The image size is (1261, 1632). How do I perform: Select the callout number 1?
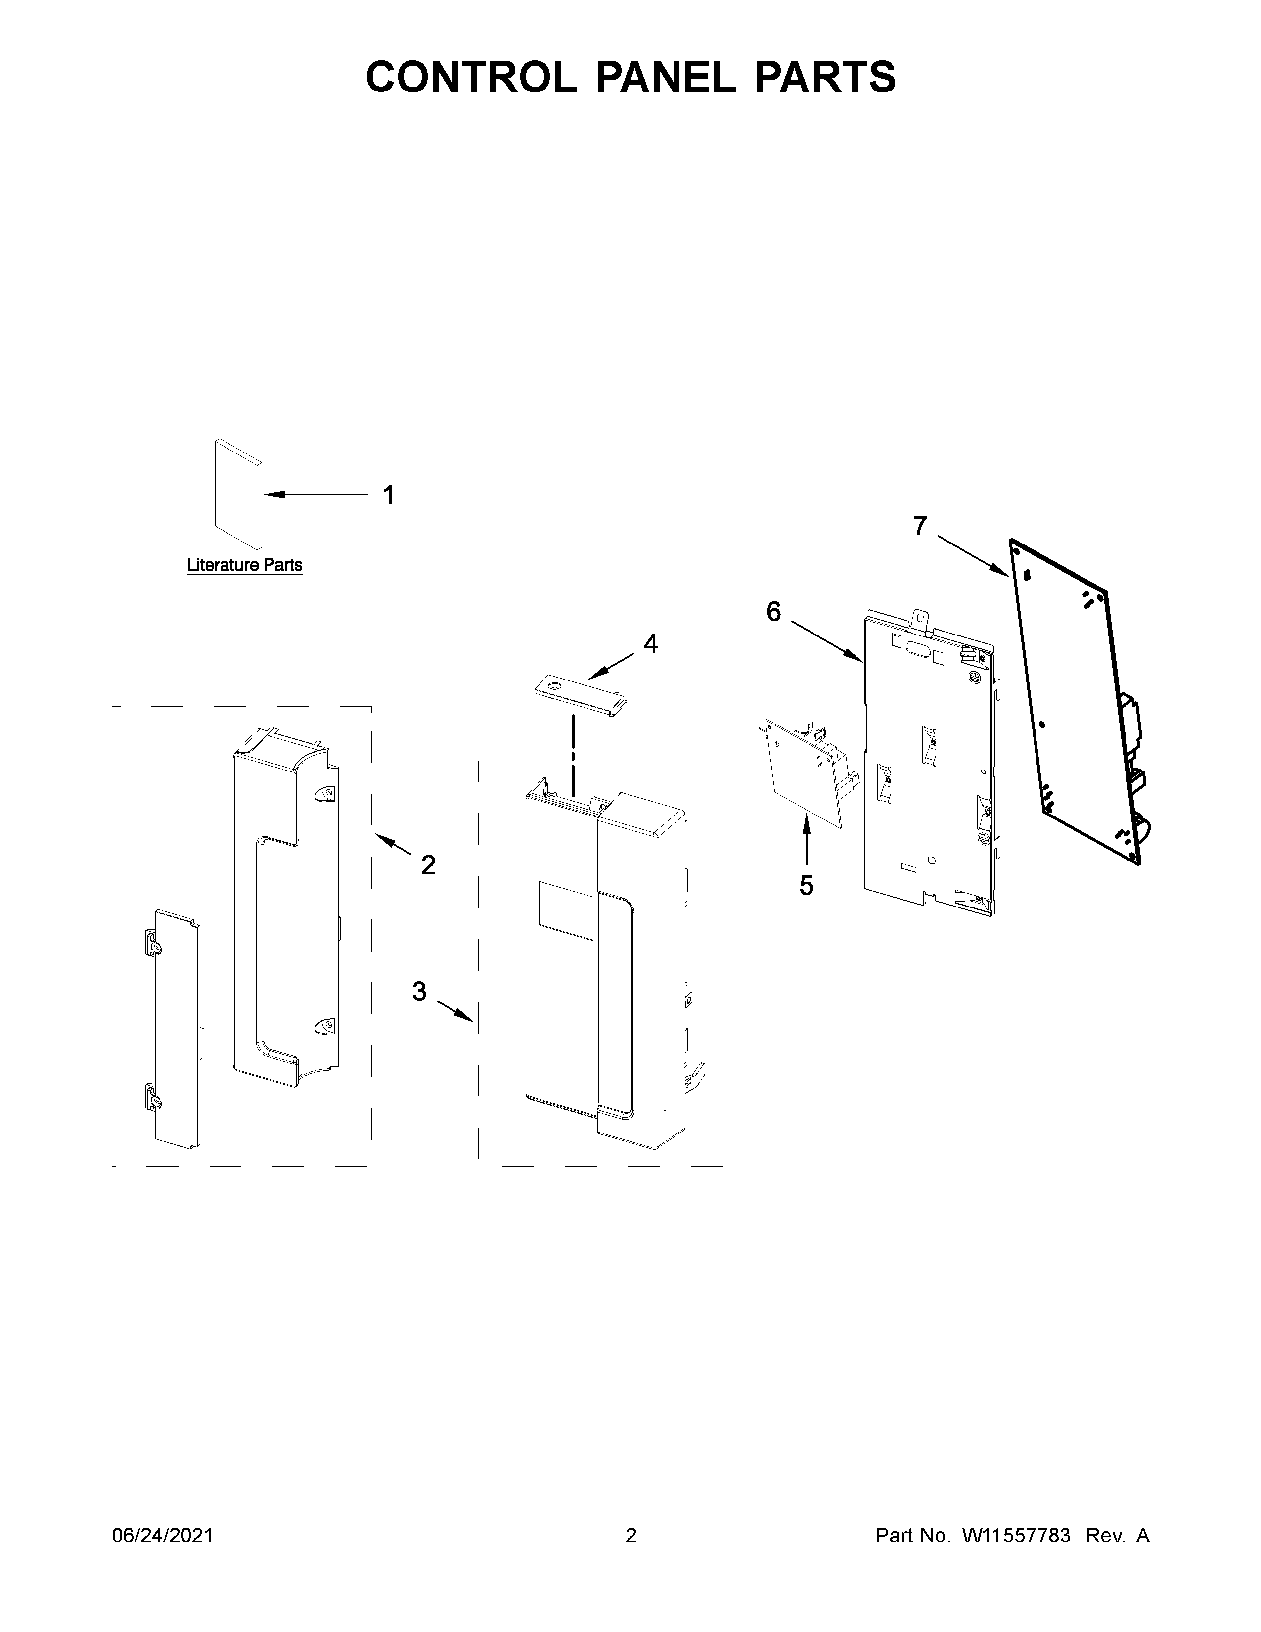click(x=389, y=495)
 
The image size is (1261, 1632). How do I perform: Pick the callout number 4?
click(x=651, y=643)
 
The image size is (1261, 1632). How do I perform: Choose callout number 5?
click(x=806, y=886)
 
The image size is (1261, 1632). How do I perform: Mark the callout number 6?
click(x=774, y=612)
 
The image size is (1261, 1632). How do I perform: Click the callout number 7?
click(x=920, y=526)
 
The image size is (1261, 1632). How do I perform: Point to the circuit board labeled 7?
click(x=1076, y=702)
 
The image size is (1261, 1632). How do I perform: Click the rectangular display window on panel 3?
click(x=566, y=909)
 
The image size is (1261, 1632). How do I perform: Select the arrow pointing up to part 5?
click(x=806, y=841)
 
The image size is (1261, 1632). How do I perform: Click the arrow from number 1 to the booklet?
click(x=317, y=494)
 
